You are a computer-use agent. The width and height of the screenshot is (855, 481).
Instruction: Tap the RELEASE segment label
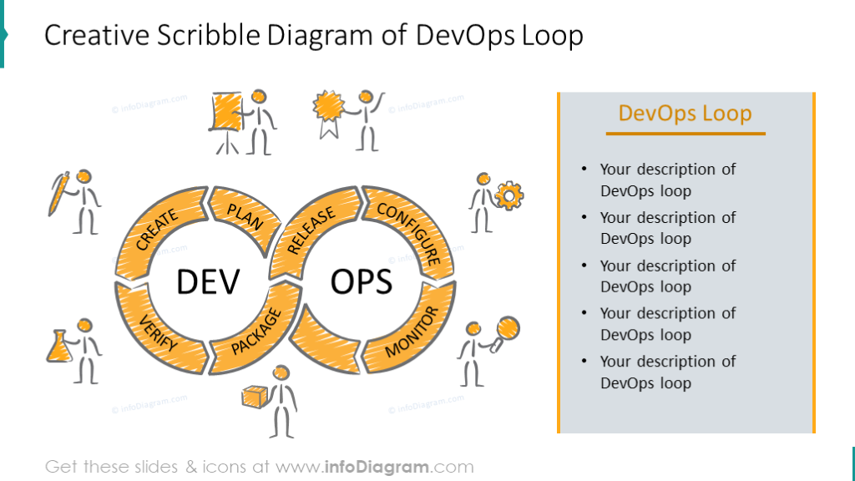311,230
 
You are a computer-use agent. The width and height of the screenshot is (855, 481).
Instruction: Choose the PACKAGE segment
256,332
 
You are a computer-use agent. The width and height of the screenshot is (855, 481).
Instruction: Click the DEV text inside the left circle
208,281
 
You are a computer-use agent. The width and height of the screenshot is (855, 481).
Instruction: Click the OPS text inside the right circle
362,281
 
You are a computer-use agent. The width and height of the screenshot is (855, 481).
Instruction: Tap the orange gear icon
509,195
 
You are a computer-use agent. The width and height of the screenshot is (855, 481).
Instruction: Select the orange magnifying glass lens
508,328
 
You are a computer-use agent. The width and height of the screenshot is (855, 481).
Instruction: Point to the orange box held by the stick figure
254,397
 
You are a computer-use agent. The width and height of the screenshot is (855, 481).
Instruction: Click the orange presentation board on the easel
227,112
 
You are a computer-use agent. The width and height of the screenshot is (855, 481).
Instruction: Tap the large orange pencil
58,194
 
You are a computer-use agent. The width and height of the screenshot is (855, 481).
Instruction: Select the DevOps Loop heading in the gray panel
685,113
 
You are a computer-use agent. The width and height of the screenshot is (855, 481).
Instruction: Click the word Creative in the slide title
97,35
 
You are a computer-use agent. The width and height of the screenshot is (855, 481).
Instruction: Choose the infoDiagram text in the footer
377,467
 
